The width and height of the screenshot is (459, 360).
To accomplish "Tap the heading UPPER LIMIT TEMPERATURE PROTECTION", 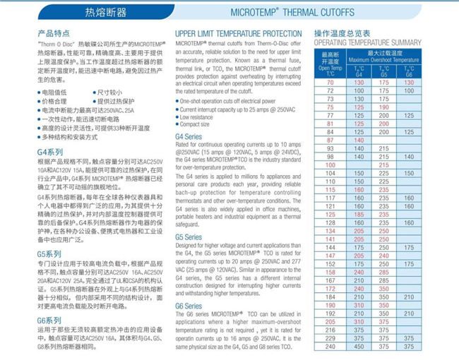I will point(239,33).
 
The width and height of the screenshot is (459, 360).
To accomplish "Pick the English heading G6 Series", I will point(189,305).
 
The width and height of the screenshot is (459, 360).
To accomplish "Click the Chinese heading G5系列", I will point(49,253).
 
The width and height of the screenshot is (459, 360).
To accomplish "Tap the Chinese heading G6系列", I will point(49,320).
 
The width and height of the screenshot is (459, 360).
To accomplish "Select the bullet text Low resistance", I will point(201,116).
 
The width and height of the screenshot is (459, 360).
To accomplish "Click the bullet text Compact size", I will point(199,124).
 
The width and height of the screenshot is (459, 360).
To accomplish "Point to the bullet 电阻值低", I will point(56,92).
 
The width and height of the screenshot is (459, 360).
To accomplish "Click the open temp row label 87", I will point(330,140).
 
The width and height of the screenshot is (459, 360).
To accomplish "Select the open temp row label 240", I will point(330,346).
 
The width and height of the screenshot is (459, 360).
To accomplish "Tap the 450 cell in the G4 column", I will point(359,346).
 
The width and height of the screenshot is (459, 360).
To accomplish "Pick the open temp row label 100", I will point(330,164).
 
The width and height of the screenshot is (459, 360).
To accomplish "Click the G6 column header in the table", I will point(409,74).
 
